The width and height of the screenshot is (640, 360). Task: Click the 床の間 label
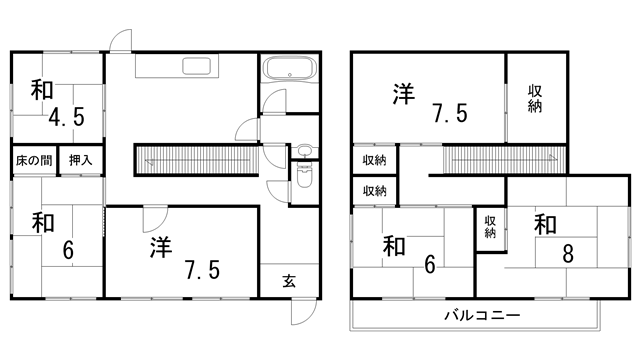point(33,160)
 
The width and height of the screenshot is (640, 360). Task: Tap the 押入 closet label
point(80,160)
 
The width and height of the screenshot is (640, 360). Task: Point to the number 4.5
point(67,117)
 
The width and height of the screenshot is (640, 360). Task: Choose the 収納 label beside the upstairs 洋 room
point(535,98)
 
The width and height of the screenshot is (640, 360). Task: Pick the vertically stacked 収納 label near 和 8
point(490,227)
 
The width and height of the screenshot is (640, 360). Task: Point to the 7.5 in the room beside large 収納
point(448,112)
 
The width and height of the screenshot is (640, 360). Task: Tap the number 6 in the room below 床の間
point(68,250)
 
